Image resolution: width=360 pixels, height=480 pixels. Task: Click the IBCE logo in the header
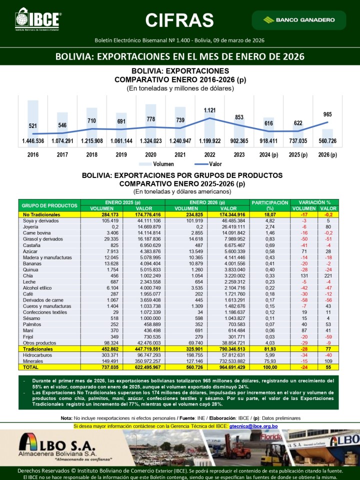point(37,19)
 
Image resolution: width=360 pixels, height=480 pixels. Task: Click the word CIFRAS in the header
point(179,19)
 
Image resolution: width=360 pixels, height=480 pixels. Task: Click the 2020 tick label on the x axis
point(150,154)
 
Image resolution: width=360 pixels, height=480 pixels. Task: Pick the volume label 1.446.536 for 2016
point(33,141)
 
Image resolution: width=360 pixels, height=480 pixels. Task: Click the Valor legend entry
point(206,164)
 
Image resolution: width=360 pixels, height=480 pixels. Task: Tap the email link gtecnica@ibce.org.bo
point(253,426)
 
